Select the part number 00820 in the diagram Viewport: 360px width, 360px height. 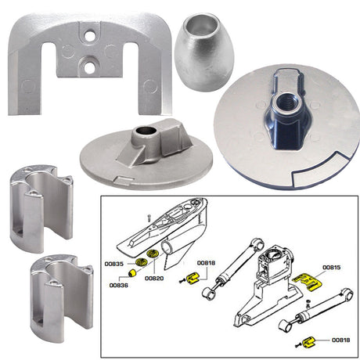tap(153, 277)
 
